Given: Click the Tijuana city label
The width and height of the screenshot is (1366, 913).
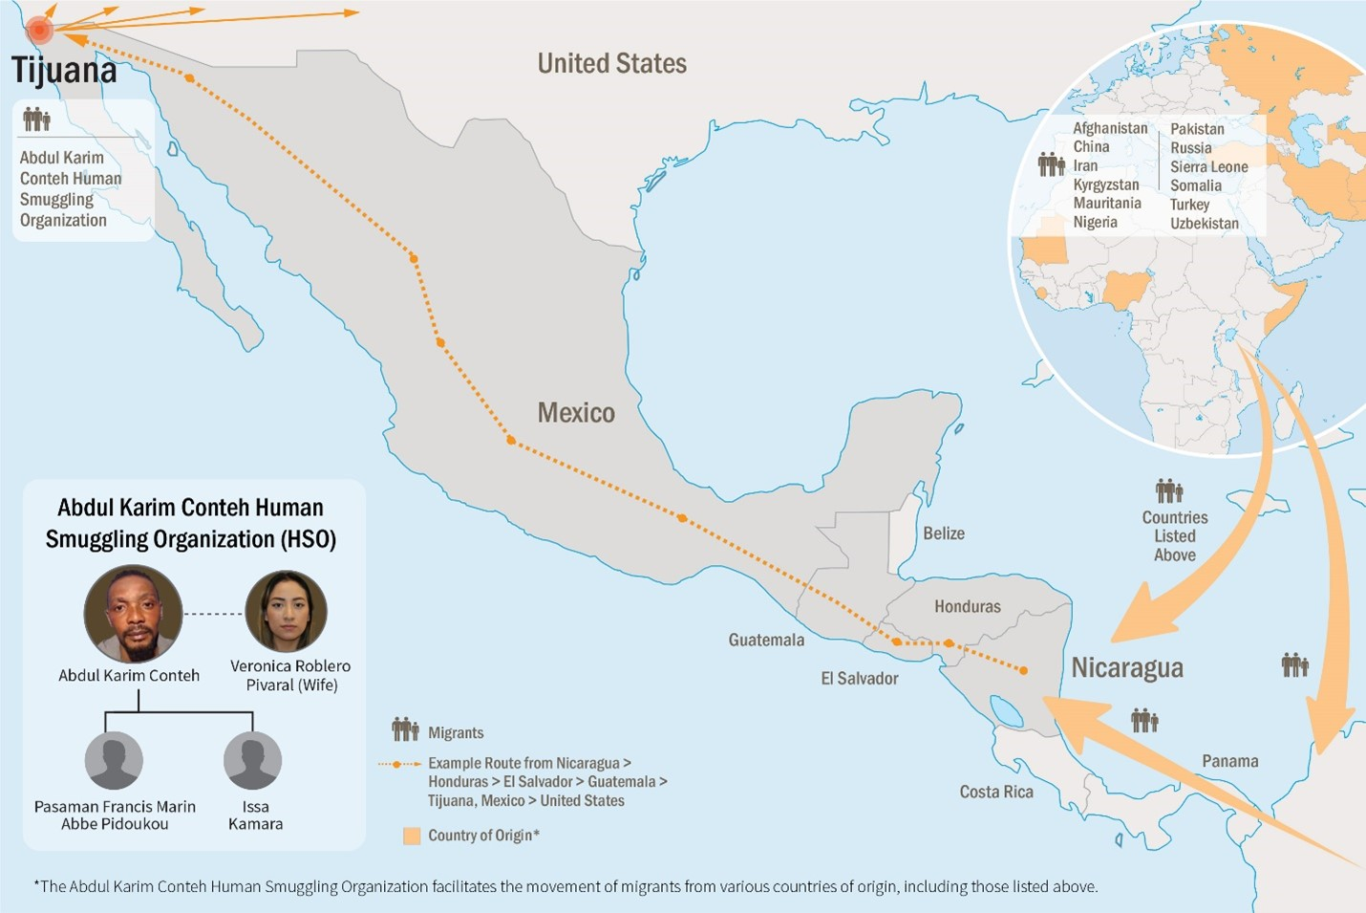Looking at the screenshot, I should pos(64,71).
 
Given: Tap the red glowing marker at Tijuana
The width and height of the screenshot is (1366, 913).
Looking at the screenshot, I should pos(39,30).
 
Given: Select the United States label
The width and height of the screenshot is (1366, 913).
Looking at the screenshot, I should pos(611,64).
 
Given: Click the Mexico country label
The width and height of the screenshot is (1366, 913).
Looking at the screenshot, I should pos(576,413).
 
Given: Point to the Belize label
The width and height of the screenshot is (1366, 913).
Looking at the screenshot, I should pos(943,533).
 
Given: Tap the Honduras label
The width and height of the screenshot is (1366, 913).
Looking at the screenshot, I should pos(967,606).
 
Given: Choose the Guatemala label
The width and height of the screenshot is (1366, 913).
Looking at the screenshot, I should pos(766,640).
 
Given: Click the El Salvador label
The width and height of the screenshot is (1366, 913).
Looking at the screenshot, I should pos(860,678).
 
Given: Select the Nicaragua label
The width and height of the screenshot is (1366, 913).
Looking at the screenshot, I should pos(1126,667).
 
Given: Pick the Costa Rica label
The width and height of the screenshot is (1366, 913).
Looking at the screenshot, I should pos(995,792).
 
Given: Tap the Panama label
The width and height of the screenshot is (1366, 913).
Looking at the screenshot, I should pos(1229,761).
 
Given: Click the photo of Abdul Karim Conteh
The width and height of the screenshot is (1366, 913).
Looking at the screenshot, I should pos(133,615).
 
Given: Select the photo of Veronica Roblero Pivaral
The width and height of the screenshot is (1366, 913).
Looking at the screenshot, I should pos(287,612).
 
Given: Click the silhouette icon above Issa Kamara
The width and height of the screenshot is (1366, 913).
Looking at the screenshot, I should pos(252,761).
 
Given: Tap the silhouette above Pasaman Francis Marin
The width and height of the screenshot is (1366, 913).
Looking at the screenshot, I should pos(114,761).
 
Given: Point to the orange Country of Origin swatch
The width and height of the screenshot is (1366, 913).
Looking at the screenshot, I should pos(412,836).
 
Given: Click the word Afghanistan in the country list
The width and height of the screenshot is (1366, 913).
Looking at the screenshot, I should pos(1110,128).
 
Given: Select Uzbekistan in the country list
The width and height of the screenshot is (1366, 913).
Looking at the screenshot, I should pos(1204,224).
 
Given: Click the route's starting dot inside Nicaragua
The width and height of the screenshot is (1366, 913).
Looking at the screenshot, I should pos(1023,671).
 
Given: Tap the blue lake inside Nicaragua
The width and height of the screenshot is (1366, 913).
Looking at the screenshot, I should pos(1006,711).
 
